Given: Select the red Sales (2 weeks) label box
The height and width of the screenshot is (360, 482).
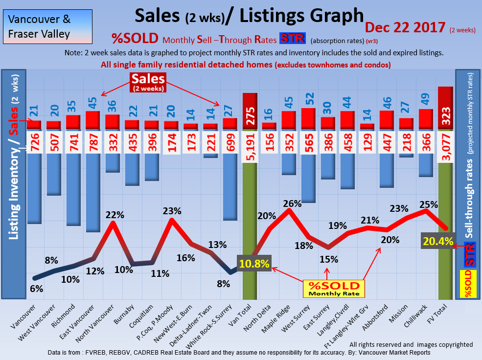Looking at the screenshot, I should point(147,82).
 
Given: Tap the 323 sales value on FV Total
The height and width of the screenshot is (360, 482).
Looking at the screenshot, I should point(445,109).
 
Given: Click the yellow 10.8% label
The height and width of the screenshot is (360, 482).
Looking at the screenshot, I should point(253,263).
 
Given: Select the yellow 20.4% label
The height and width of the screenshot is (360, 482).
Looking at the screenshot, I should point(438,241).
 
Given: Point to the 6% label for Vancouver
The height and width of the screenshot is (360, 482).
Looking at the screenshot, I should point(36,289).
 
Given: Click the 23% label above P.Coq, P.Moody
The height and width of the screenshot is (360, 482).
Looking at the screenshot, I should point(172,211).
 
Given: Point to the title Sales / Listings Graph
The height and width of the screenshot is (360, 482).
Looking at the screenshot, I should point(250,16).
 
